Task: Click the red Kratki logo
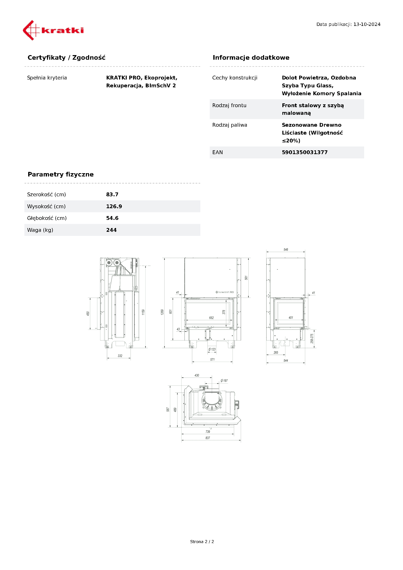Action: tap(53, 30)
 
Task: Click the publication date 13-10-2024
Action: tap(367, 24)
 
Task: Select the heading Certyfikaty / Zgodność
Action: tap(66, 58)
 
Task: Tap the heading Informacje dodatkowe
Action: tap(251, 58)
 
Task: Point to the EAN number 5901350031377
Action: tap(304, 152)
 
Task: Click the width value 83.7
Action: tap(112, 194)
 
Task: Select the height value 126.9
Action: tap(114, 206)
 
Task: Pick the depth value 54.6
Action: tap(112, 218)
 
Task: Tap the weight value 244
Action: tap(111, 230)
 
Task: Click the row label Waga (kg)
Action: tap(40, 230)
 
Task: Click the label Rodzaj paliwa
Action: tap(230, 125)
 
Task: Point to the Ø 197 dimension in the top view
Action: tap(224, 381)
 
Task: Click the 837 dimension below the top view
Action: tap(208, 438)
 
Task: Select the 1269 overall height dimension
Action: tap(162, 312)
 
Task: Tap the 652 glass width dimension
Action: tap(211, 318)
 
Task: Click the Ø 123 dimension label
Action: tap(212, 349)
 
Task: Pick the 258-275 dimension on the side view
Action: tap(312, 338)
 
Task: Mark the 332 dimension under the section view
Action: tap(120, 356)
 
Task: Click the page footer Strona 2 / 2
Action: tap(202, 542)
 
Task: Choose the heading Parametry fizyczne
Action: tap(60, 174)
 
